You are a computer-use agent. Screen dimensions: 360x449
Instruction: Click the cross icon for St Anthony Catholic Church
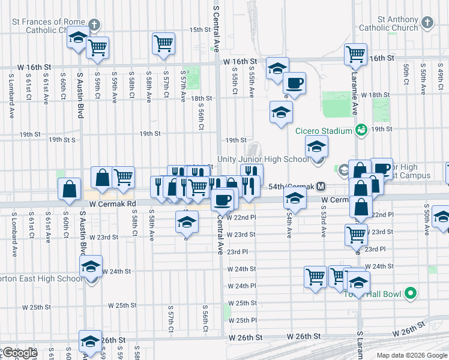point(426,23)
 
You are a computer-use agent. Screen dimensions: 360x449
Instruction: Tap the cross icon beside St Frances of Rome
point(94,25)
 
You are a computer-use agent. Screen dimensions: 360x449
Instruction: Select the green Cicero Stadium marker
point(361,129)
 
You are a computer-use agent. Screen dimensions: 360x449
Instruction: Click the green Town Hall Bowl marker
point(411,293)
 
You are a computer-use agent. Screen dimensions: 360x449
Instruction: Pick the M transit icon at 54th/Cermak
point(322,187)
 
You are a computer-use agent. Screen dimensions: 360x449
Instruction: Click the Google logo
point(20,353)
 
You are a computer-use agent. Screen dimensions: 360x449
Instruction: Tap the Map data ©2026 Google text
point(412,355)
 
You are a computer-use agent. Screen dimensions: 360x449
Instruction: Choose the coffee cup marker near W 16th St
point(294,83)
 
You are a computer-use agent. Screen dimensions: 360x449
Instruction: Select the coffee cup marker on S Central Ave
point(223,199)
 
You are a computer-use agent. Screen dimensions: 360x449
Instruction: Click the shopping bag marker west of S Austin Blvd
point(70,188)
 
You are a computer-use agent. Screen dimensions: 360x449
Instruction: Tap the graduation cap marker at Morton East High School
point(91,266)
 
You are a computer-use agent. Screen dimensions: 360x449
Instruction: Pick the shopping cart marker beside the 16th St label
point(356,53)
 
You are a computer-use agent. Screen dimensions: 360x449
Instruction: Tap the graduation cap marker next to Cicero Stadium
point(316,146)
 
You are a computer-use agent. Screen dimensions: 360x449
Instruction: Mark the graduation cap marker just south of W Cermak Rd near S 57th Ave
point(187,222)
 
